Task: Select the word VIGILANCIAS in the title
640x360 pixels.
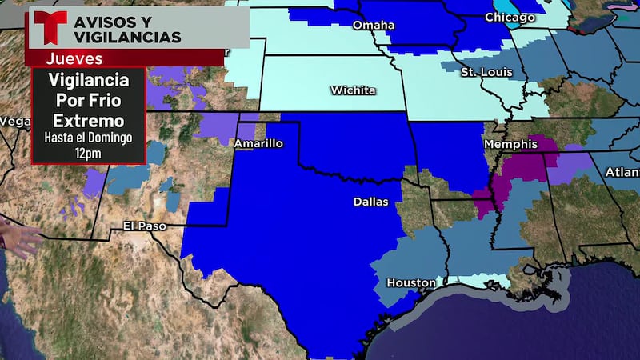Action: [127, 37]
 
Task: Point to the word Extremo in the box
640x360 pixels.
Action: [88, 121]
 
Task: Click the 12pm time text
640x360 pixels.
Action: [88, 151]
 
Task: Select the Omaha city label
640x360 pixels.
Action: [374, 25]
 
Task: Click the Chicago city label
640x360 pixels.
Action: [510, 17]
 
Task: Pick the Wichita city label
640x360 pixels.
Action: [353, 90]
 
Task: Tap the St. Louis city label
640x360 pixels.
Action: [480, 72]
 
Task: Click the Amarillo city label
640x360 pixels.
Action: [258, 144]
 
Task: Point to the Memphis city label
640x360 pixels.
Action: [510, 144]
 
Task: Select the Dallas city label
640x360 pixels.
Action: [370, 202]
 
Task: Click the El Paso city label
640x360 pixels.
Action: [145, 226]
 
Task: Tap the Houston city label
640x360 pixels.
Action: [410, 282]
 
